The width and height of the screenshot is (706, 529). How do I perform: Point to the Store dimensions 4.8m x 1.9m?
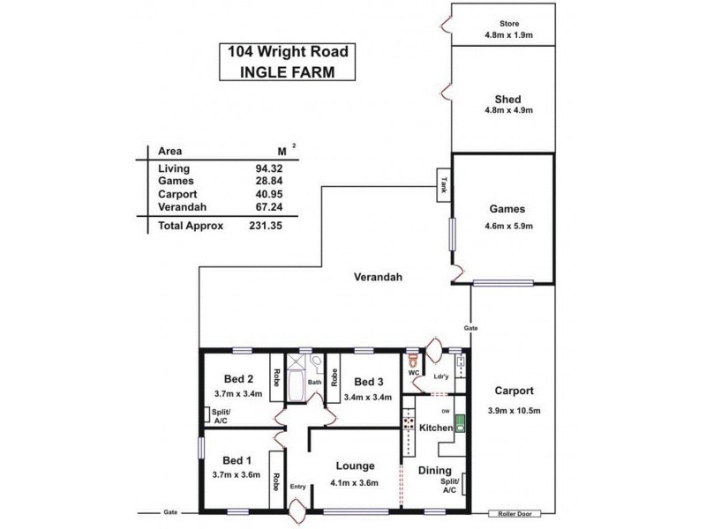pyautogui.click(x=508, y=36)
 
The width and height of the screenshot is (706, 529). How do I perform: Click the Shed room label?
pyautogui.click(x=508, y=98)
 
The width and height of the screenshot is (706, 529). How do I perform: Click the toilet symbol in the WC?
pyautogui.click(x=412, y=359)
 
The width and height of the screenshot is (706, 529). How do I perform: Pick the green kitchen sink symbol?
pyautogui.click(x=459, y=428)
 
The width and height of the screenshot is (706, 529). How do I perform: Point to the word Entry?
pyautogui.click(x=297, y=486)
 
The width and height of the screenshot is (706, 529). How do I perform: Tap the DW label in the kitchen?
pyautogui.click(x=446, y=411)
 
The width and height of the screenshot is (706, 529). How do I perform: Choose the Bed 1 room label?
pyautogui.click(x=238, y=460)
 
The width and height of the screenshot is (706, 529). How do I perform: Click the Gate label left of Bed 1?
pyautogui.click(x=169, y=512)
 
